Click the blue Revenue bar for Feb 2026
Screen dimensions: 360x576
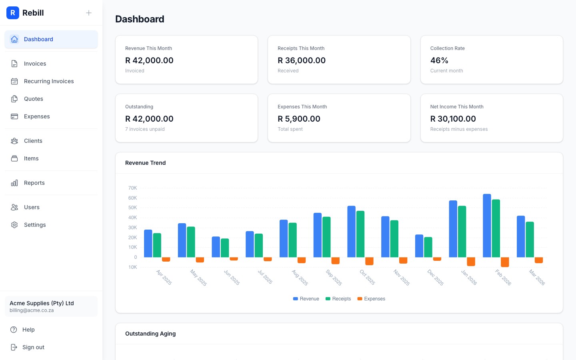tap(487, 226)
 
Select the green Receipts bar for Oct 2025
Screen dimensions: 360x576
tap(360, 234)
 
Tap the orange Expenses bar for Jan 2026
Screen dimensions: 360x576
tap(471, 261)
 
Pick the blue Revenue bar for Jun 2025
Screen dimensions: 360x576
tap(216, 247)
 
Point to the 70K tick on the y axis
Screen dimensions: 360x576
tap(132, 188)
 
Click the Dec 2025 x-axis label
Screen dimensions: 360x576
tap(435, 277)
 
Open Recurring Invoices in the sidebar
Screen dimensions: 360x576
tap(49, 81)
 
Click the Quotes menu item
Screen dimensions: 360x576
tap(34, 99)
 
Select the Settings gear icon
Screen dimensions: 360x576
tap(14, 225)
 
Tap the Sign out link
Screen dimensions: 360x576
tap(33, 347)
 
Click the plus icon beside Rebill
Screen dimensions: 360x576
tap(89, 13)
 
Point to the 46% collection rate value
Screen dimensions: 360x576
tap(439, 60)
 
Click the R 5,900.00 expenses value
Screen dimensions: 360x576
tap(299, 119)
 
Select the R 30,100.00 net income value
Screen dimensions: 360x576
tap(453, 119)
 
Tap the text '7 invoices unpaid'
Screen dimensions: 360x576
tap(145, 129)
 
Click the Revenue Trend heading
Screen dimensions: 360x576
tap(145, 163)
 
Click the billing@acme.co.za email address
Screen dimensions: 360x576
tap(32, 310)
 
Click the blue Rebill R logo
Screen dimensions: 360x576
tap(13, 13)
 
